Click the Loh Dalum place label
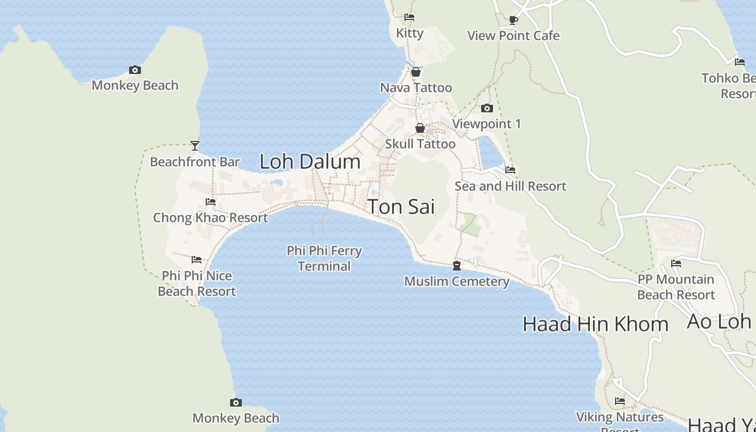[310, 161]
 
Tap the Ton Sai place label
[401, 207]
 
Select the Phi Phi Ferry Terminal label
[324, 258]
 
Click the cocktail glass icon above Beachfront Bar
[195, 146]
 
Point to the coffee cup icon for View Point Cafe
[514, 20]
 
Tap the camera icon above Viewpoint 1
[487, 109]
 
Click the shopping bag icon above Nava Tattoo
[416, 72]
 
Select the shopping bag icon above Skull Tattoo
[420, 129]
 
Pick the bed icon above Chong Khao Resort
[211, 202]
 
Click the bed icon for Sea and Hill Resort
[510, 170]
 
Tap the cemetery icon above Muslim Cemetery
[457, 266]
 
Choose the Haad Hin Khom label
[595, 324]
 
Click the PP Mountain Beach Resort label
[676, 287]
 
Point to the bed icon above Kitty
[409, 17]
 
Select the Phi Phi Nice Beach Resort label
[197, 283]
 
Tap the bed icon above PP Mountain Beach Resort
[676, 264]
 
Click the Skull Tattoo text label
[420, 144]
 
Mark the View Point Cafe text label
[513, 36]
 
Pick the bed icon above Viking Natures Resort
[620, 401]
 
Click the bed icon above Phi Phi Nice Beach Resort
[197, 260]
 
